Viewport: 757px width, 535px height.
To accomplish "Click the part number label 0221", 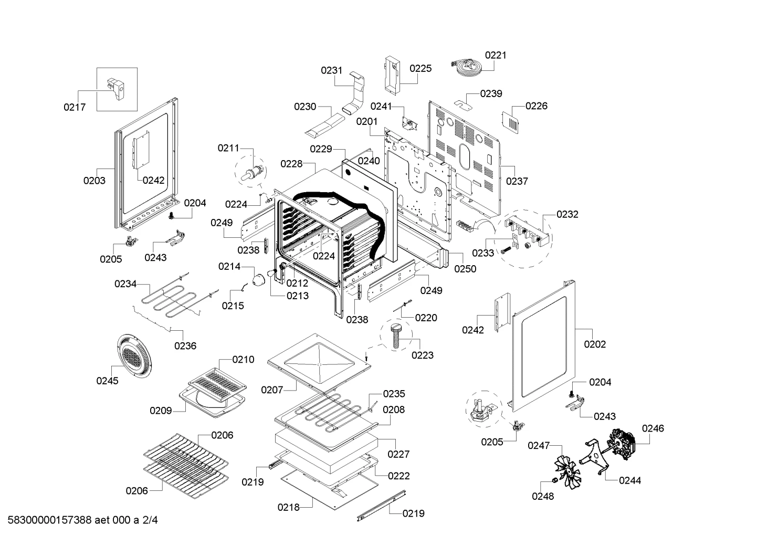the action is [x=496, y=55].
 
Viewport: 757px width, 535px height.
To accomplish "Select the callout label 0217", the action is [x=75, y=107].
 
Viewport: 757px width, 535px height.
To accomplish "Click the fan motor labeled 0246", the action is [x=622, y=444].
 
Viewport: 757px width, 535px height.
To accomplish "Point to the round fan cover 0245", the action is [x=134, y=356].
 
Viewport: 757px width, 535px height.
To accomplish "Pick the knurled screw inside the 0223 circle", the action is [x=396, y=335].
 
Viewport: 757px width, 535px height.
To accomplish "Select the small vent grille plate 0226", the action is [x=510, y=122].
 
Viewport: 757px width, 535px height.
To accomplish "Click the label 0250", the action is [x=465, y=269].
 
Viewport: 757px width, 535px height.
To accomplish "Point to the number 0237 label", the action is [x=517, y=182].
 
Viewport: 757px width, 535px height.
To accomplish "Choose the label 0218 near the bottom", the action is [x=288, y=507].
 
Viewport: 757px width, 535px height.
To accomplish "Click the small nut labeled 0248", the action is [x=554, y=480].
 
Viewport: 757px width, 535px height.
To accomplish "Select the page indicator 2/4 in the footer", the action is [x=150, y=520].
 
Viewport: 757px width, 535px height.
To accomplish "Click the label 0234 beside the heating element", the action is [x=125, y=284].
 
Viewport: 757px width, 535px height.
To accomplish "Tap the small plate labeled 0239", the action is [x=463, y=104].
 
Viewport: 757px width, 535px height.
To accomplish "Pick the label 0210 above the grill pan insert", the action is [x=243, y=360].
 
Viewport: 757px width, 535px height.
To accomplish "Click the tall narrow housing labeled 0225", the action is [x=392, y=76].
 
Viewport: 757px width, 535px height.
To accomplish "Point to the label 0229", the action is [x=321, y=149].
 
